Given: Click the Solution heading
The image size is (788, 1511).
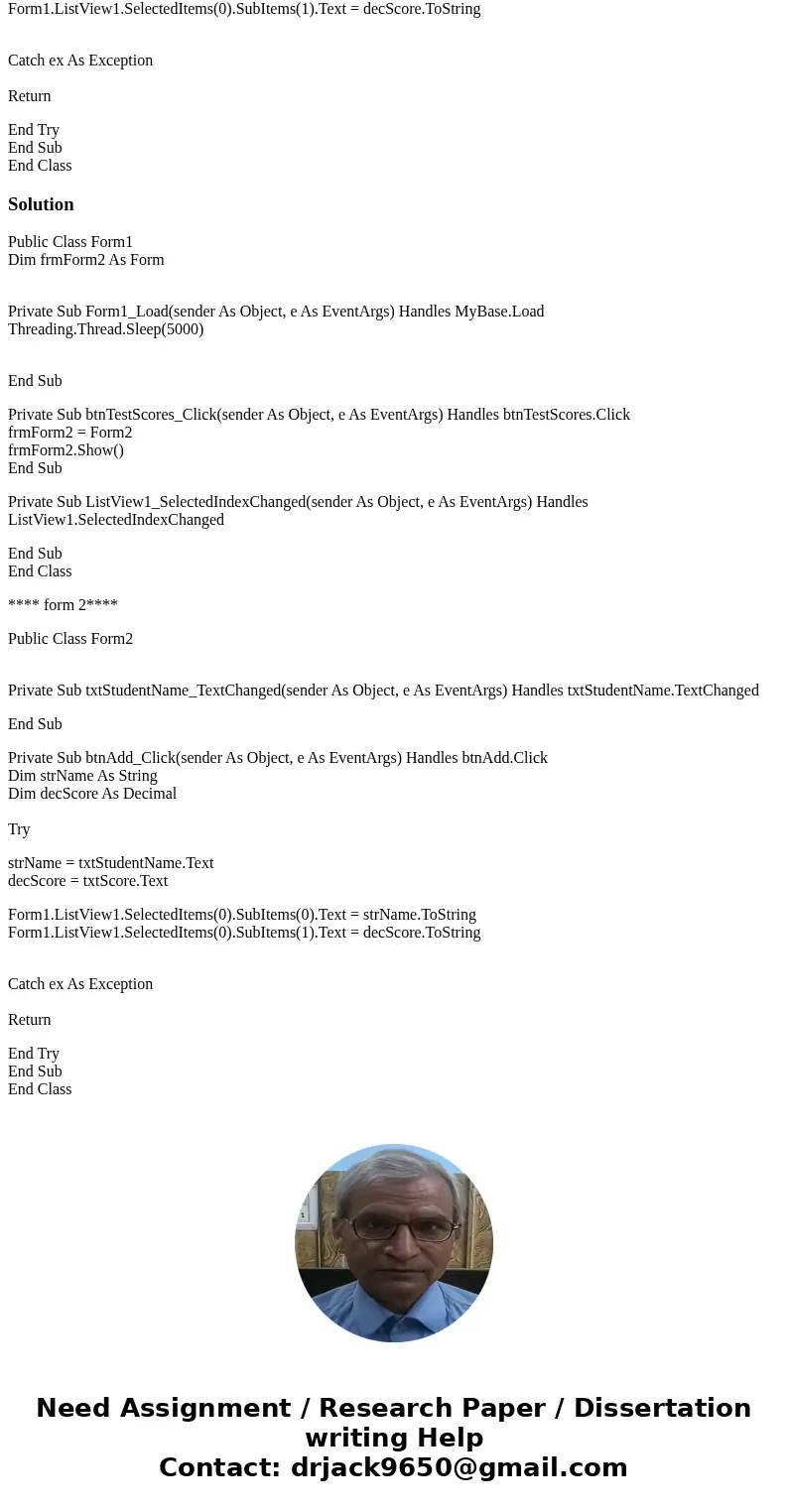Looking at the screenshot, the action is click(x=41, y=204).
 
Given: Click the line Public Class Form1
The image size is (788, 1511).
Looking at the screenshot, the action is click(x=70, y=242).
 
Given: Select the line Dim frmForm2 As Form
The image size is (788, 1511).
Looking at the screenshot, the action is click(x=86, y=260).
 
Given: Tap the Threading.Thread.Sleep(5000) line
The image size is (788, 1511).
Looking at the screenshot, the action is click(x=105, y=329).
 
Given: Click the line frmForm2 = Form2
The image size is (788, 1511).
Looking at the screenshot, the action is click(x=70, y=433).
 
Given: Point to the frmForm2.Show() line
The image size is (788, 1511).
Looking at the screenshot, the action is click(x=66, y=450).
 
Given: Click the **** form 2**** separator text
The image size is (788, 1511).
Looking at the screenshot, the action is click(x=63, y=605).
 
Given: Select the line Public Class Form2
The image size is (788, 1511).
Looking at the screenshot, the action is click(x=70, y=639).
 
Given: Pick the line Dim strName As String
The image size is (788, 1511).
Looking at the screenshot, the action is click(x=82, y=776).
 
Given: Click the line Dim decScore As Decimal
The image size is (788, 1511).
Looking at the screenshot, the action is click(x=92, y=794).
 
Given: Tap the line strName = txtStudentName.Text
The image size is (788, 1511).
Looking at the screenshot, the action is click(x=111, y=863).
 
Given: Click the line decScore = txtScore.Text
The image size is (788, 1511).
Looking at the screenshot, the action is click(x=88, y=881).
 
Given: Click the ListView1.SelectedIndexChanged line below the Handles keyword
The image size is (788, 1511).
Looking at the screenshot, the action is click(x=116, y=520).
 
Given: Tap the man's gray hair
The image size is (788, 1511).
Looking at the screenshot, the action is click(x=393, y=1171).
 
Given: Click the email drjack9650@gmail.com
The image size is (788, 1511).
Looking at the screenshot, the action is click(x=459, y=1468).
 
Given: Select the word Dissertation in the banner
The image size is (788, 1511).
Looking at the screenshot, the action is click(x=662, y=1409).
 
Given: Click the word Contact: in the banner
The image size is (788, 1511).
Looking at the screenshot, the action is click(x=219, y=1468).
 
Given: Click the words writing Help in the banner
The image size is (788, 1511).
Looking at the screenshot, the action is click(x=394, y=1439).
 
